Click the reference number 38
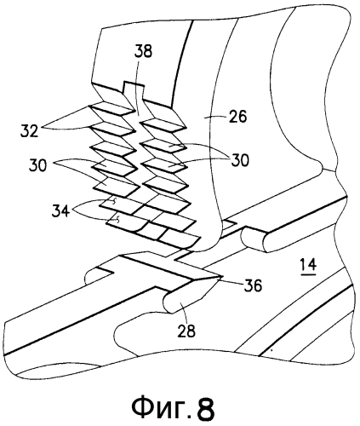[x=143, y=52]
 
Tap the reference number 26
[x=237, y=117]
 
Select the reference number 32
[x=29, y=131]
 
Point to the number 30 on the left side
[x=37, y=166]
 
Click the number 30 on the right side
[x=240, y=160]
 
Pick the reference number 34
[x=61, y=211]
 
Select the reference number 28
[x=187, y=331]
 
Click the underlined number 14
[x=308, y=266]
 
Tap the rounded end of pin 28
[x=169, y=302]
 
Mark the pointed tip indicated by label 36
[x=222, y=276]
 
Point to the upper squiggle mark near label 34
[x=114, y=201]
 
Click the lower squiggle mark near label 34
[x=117, y=219]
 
